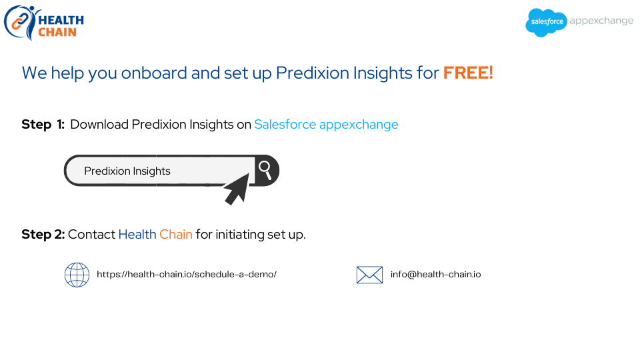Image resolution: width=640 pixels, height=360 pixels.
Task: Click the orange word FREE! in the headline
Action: coord(468,73)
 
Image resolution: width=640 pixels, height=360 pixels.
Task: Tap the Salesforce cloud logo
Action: coord(546,23)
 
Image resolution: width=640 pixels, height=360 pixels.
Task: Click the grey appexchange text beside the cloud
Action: coord(601,21)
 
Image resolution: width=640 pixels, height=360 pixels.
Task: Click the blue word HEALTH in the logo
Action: coord(61,20)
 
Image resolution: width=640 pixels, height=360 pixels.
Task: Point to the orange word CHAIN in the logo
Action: coord(57,32)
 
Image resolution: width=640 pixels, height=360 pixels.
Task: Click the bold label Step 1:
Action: coord(43,125)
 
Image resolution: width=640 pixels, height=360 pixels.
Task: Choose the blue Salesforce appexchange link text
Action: coord(326,125)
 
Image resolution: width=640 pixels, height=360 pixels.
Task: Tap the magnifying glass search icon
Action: coord(265,170)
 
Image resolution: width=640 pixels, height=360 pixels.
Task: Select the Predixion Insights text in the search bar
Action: coord(127,171)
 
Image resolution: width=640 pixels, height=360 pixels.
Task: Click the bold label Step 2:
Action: coord(43,234)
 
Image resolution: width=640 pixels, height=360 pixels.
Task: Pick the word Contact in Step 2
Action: coord(91,234)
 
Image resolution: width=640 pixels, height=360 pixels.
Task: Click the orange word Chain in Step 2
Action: coord(176,234)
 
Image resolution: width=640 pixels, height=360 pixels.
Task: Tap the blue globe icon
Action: coord(77,275)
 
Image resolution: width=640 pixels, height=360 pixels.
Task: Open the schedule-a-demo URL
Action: coord(187,274)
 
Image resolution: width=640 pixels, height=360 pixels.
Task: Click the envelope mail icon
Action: coord(369,275)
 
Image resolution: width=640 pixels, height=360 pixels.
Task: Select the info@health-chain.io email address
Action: coord(435,274)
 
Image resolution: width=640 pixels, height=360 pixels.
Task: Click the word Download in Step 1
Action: coord(99,125)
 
